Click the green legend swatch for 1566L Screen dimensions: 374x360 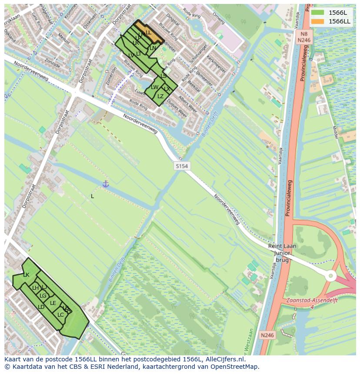(318, 13)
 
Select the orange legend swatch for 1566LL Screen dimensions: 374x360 (318, 21)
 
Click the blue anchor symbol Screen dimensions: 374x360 (105, 184)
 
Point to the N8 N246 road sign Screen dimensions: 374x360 (303, 36)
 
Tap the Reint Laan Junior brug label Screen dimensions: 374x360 (282, 253)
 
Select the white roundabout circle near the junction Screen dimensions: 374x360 (331, 276)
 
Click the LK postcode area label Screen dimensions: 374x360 (26, 275)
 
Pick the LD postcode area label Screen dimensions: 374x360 (41, 307)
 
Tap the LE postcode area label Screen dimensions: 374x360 (53, 303)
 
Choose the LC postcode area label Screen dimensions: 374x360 (60, 315)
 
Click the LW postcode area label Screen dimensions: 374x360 (154, 87)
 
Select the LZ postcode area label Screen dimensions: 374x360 (160, 96)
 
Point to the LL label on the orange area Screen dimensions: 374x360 (148, 33)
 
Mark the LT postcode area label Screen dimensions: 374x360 (139, 54)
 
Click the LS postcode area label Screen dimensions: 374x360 (163, 76)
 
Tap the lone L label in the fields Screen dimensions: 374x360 (92, 196)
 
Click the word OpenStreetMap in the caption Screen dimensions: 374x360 (236, 367)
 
